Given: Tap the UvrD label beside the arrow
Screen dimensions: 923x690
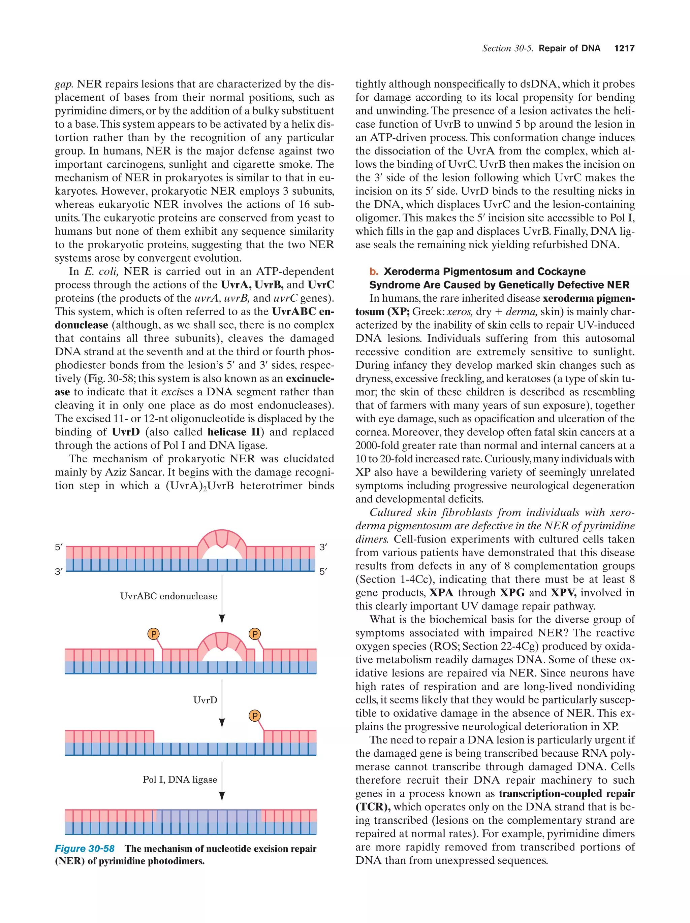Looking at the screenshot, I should (205, 700).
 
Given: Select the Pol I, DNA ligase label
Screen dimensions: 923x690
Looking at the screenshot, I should (180, 780).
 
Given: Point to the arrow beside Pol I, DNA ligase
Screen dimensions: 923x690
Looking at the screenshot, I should (222, 781).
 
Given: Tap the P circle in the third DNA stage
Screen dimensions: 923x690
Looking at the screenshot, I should (255, 716).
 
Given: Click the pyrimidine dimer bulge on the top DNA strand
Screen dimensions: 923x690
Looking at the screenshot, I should (222, 540).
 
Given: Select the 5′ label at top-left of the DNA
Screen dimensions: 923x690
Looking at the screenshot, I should (59, 547).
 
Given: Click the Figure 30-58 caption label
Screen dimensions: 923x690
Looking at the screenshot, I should (85, 849).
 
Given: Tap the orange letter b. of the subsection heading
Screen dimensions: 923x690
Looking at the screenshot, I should (374, 272).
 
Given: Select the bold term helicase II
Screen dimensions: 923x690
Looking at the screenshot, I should (234, 432).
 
